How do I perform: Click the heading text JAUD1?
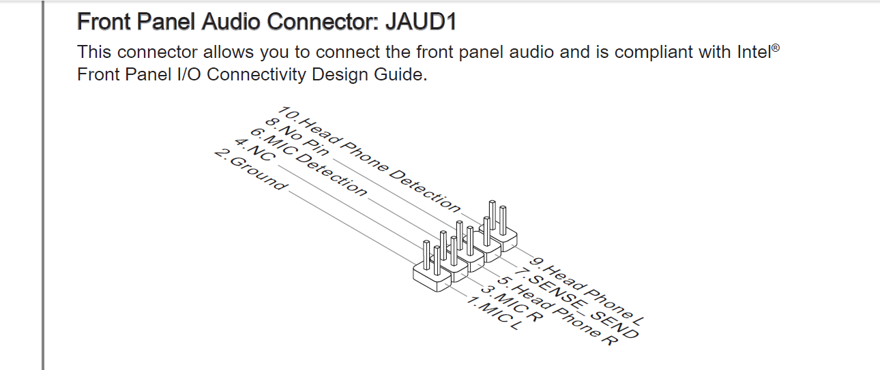pyautogui.click(x=421, y=21)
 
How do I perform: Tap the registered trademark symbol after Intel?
pyautogui.click(x=776, y=48)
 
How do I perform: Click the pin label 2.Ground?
pyautogui.click(x=251, y=170)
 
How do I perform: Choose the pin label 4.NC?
pyautogui.click(x=255, y=149)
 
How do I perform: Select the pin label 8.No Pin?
pyautogui.click(x=297, y=137)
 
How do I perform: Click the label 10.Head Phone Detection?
pyautogui.click(x=369, y=159)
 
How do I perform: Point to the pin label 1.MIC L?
pyautogui.click(x=495, y=313)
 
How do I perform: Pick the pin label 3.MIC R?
pyautogui.click(x=512, y=303)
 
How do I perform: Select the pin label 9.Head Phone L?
pyautogui.click(x=587, y=292)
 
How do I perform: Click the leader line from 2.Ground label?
pyautogui.click(x=351, y=228)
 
